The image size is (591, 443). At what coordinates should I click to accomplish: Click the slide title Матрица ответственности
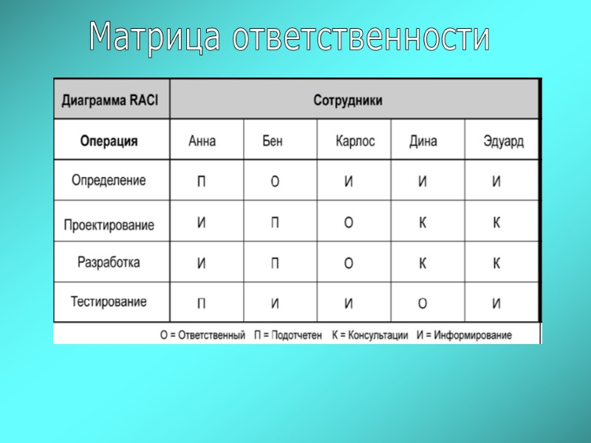pyautogui.click(x=289, y=37)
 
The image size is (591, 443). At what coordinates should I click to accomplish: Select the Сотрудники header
pyautogui.click(x=347, y=100)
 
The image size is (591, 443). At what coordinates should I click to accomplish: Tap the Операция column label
pyautogui.click(x=109, y=141)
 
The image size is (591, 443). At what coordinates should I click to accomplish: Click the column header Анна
pyautogui.click(x=202, y=141)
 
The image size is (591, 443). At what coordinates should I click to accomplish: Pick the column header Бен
pyautogui.click(x=273, y=141)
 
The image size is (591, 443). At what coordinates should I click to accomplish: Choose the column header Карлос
pyautogui.click(x=355, y=141)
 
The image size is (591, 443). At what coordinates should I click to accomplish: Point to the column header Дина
pyautogui.click(x=423, y=141)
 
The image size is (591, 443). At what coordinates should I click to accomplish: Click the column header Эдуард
pyautogui.click(x=503, y=141)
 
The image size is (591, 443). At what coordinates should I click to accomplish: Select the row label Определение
pyautogui.click(x=109, y=180)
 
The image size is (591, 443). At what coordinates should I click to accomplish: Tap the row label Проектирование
pyautogui.click(x=109, y=224)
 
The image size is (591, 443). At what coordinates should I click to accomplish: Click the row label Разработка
pyautogui.click(x=109, y=262)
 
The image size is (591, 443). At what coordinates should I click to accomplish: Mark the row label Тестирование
pyautogui.click(x=109, y=301)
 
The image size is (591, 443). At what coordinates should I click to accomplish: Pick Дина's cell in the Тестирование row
pyautogui.click(x=423, y=303)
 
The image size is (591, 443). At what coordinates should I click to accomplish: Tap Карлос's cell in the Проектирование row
pyautogui.click(x=349, y=223)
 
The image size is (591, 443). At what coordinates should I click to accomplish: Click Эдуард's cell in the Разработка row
pyautogui.click(x=496, y=263)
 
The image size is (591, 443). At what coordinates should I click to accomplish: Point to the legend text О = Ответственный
pyautogui.click(x=202, y=335)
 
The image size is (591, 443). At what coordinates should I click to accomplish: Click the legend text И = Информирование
pyautogui.click(x=464, y=335)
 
